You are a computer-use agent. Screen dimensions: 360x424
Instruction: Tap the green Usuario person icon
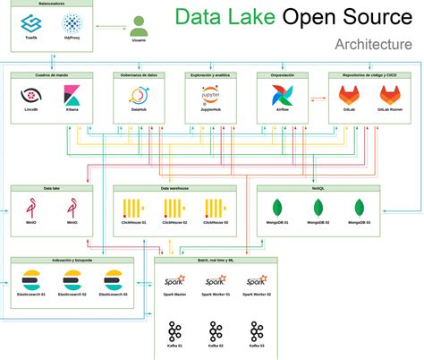(139, 26)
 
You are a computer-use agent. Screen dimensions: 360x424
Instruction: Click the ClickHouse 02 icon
(173, 209)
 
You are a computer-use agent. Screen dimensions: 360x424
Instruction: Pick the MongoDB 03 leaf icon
(360, 207)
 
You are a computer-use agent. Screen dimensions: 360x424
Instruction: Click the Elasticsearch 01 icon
(31, 279)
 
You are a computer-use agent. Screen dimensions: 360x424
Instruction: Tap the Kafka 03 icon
(257, 329)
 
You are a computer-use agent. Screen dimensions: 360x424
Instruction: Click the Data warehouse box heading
(175, 189)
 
